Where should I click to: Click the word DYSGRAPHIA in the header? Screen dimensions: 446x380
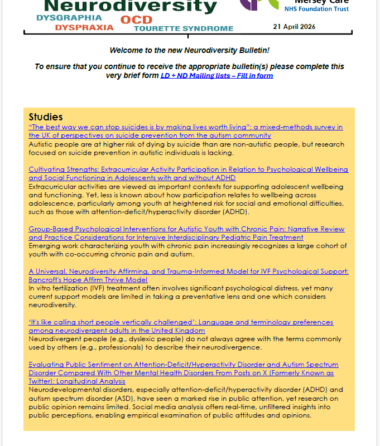click(69, 18)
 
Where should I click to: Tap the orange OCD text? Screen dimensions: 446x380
click(136, 20)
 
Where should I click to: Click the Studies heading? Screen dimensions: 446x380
click(46, 117)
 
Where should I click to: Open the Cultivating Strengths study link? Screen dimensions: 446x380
click(188, 169)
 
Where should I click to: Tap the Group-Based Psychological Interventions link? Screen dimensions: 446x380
click(186, 229)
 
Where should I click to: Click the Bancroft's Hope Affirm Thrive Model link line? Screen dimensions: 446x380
click(88, 279)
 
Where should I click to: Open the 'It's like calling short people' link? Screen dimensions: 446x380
click(181, 322)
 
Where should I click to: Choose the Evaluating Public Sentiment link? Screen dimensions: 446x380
click(183, 365)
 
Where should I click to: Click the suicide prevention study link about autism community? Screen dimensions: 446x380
click(185, 127)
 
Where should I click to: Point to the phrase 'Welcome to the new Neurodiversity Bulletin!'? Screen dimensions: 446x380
click(189, 51)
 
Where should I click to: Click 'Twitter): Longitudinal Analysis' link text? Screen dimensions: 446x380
click(77, 381)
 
